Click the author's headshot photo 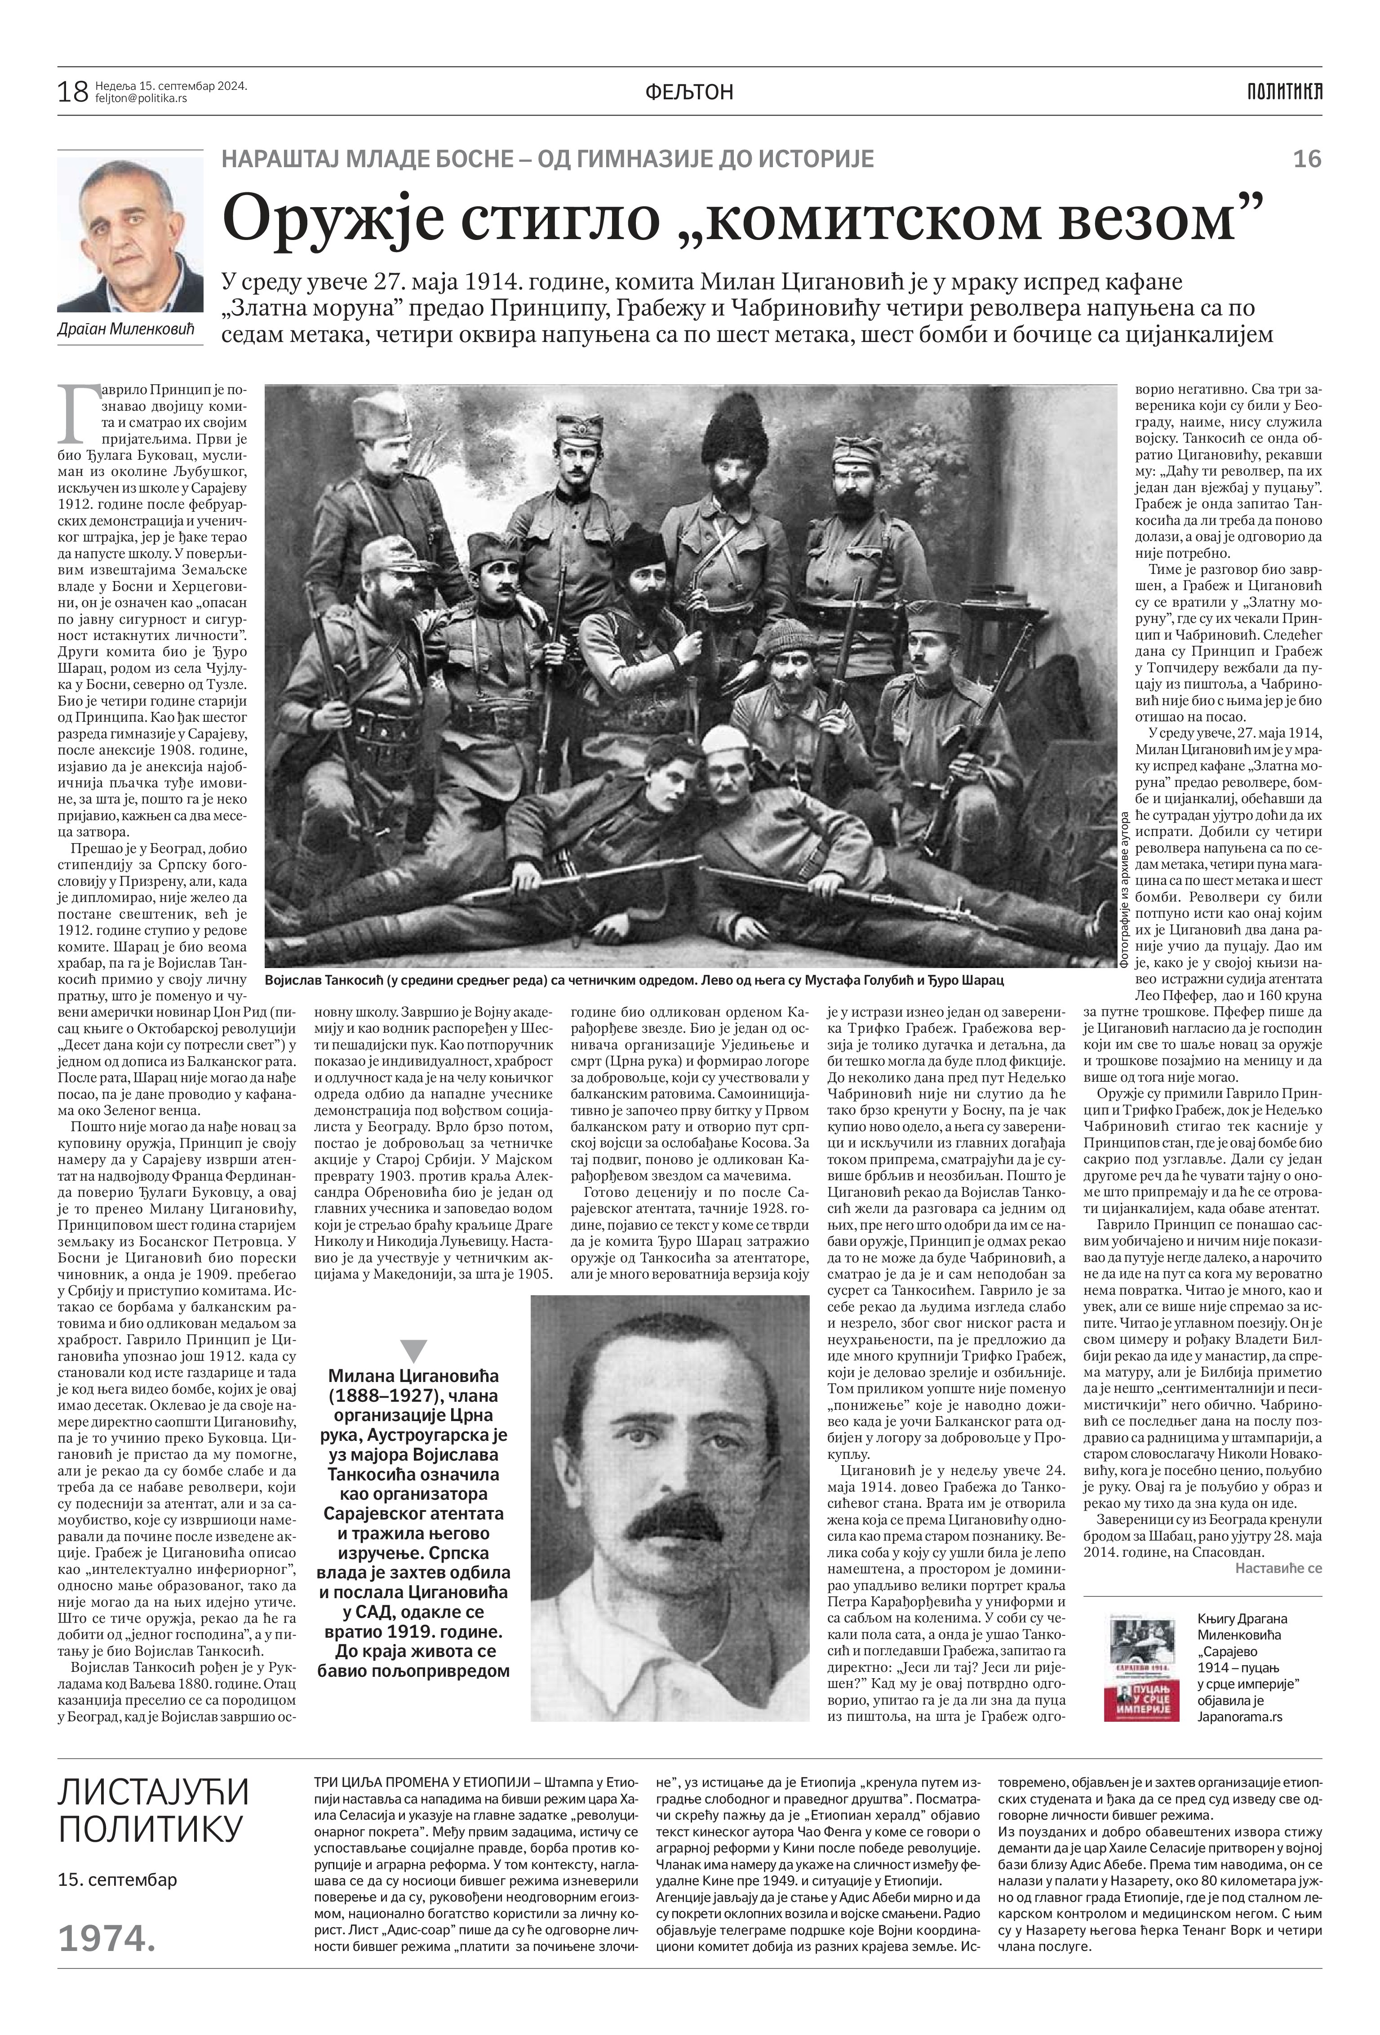[129, 235]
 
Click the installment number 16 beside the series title [1306, 160]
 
